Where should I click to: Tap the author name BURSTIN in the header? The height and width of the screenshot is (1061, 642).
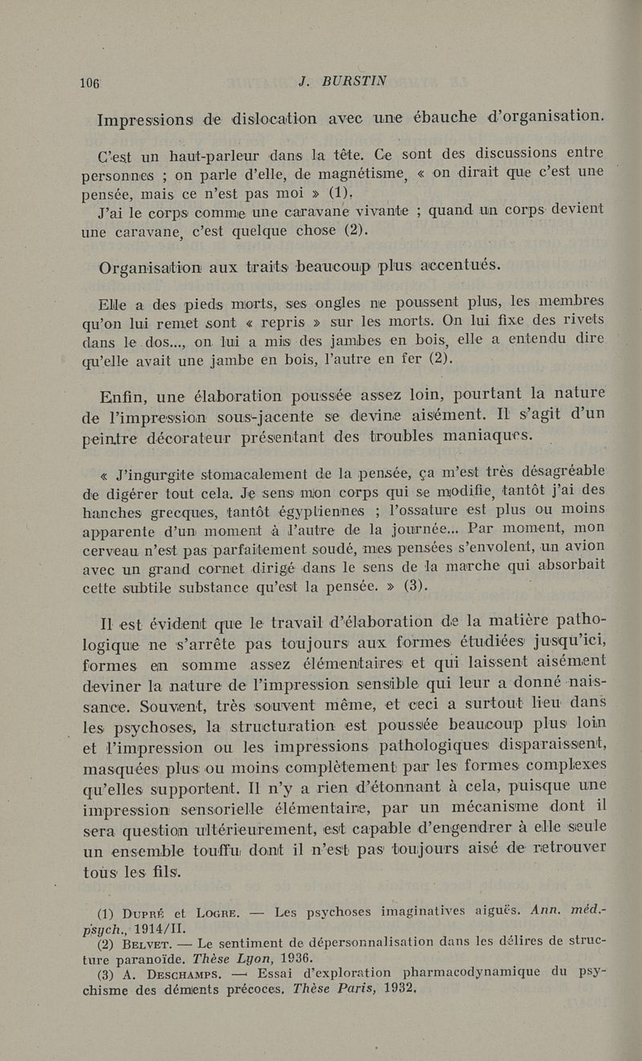(354, 81)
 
